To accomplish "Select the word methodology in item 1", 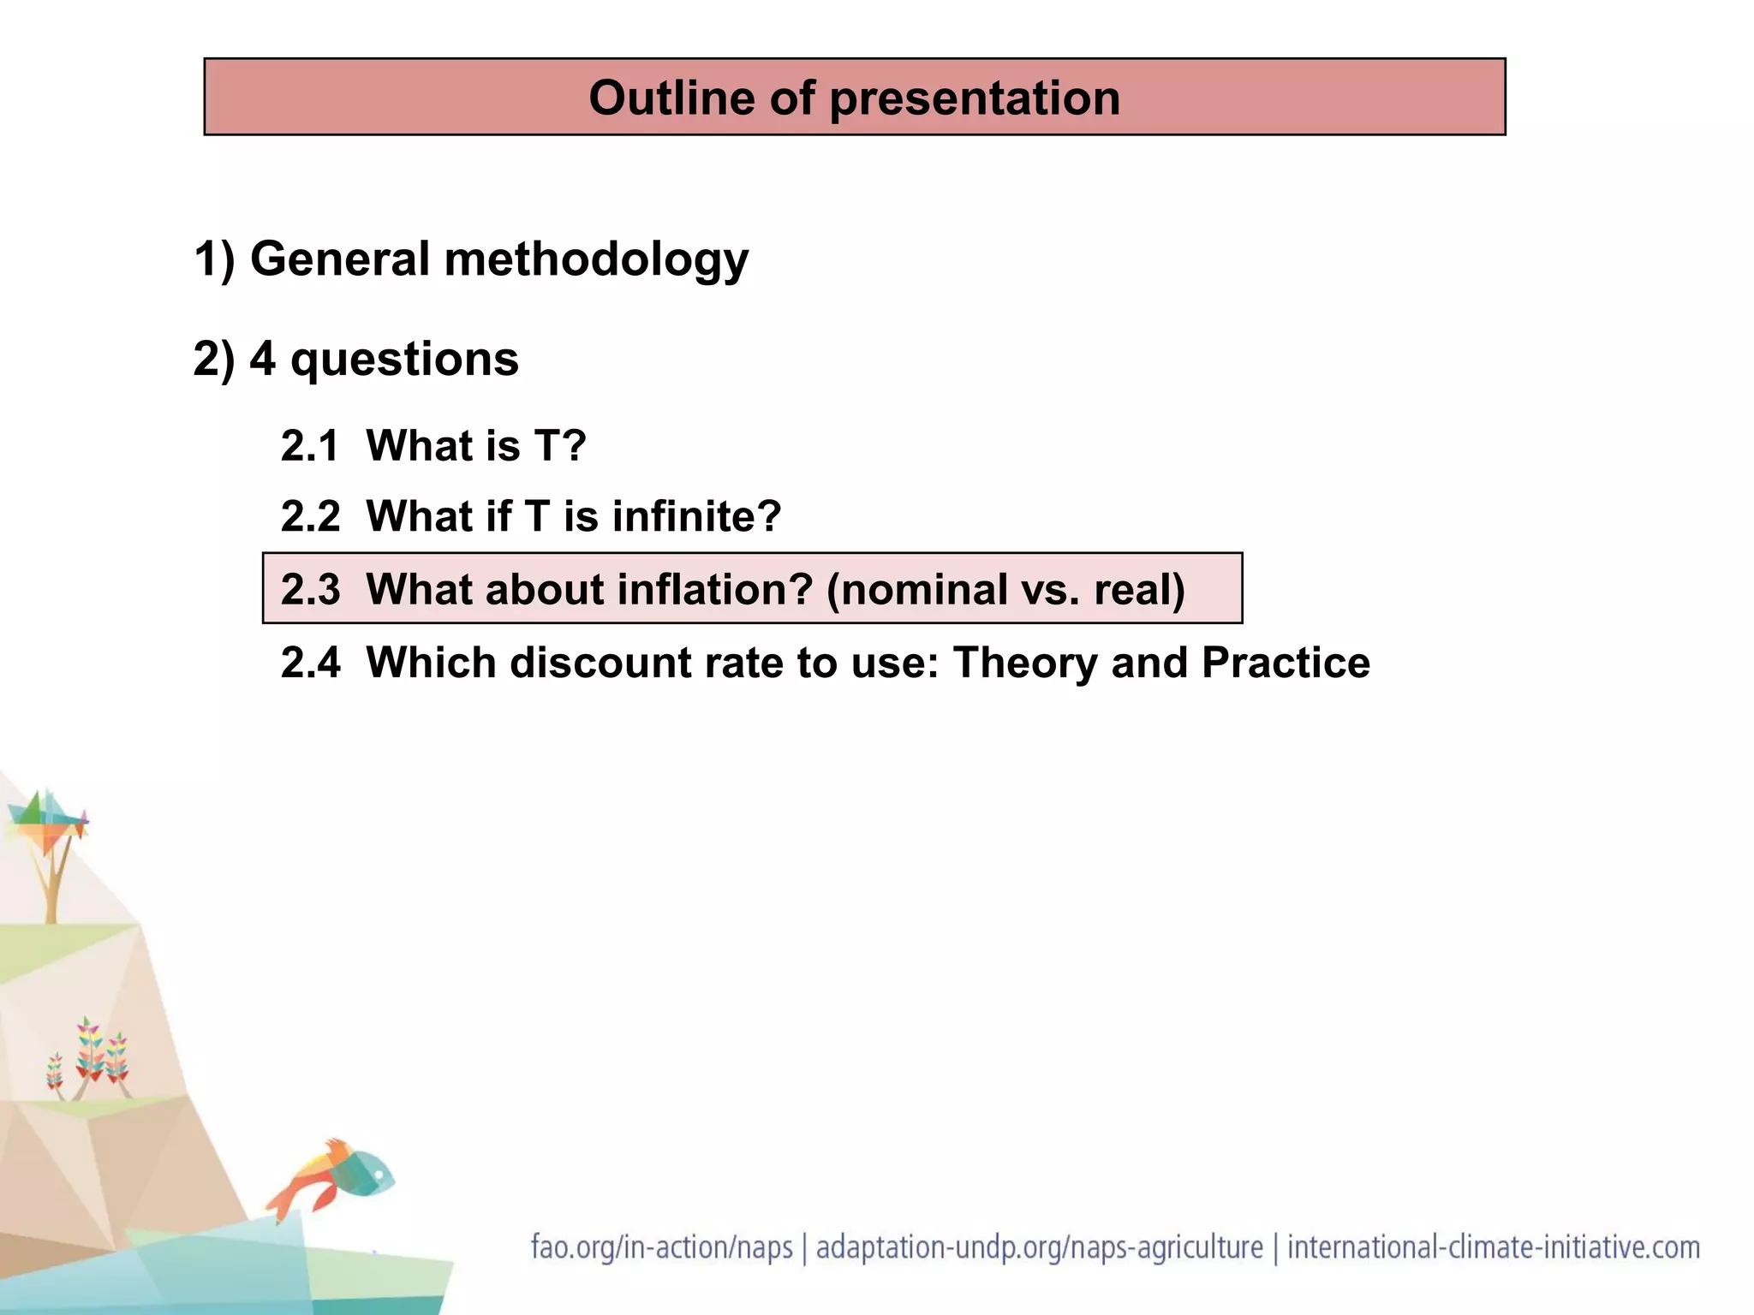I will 596,259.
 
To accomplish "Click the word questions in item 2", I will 404,360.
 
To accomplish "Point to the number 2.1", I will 310,446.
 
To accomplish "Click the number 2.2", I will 310,517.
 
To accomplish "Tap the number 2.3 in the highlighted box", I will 310,590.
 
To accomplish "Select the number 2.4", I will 310,663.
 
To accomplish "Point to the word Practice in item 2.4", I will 1286,663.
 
